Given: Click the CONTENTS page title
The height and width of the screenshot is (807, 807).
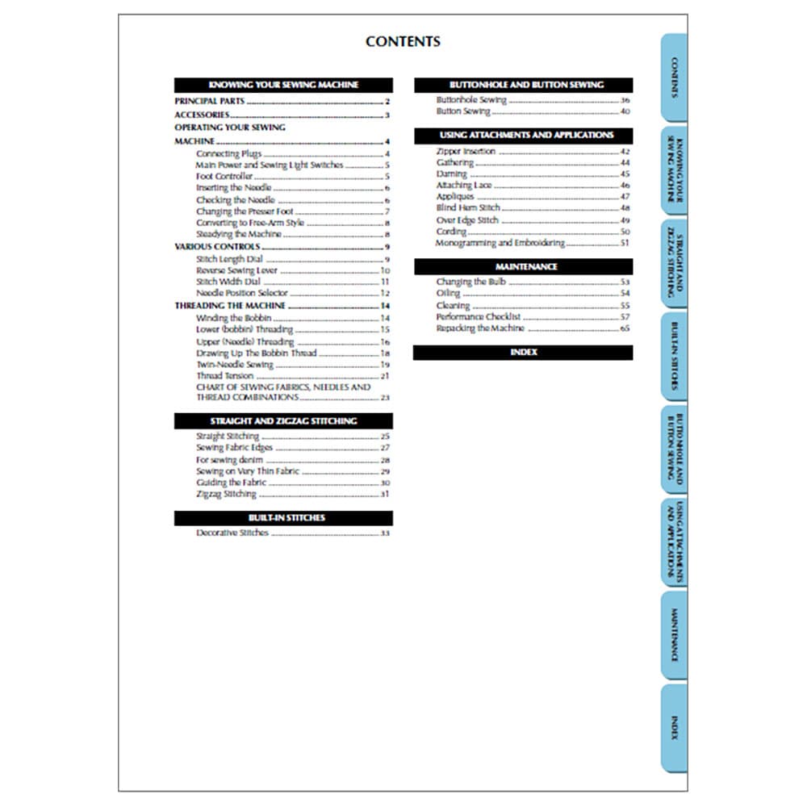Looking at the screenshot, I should (403, 42).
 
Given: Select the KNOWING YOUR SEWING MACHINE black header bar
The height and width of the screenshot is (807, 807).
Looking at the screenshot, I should (283, 85).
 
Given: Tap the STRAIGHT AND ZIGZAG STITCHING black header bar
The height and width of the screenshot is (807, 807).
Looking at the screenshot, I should (283, 421).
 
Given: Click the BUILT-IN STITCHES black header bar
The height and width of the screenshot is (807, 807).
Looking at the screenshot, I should (283, 518).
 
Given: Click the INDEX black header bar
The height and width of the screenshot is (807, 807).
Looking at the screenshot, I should (523, 353).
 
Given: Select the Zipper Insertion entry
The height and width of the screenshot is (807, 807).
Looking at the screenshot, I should (466, 152).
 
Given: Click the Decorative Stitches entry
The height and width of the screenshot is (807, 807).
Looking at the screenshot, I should (232, 533).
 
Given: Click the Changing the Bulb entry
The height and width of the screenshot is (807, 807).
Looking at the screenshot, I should (462, 282).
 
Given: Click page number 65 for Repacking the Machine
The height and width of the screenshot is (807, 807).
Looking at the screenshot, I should (625, 329).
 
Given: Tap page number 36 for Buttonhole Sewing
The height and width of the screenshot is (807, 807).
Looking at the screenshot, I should (625, 101).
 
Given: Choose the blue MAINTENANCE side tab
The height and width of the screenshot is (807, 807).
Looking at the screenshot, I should (674, 634).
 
